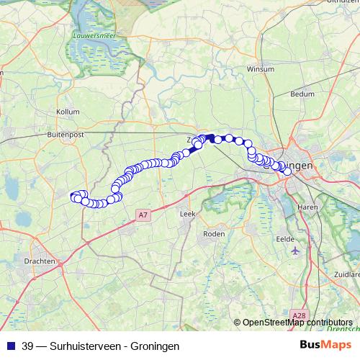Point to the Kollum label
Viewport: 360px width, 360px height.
tap(67, 112)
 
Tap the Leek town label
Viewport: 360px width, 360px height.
tap(187, 214)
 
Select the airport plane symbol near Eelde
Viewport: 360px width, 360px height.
tap(296, 251)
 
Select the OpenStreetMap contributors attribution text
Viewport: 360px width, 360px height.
tap(297, 322)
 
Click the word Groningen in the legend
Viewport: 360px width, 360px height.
tap(151, 346)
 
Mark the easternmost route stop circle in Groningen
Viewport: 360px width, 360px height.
tap(288, 171)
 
